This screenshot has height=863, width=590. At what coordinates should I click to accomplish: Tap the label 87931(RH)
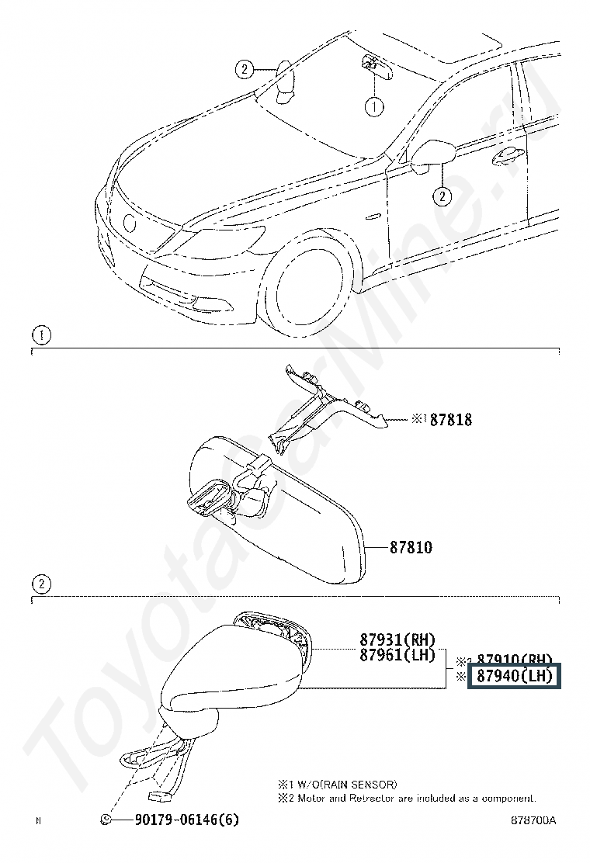click(397, 640)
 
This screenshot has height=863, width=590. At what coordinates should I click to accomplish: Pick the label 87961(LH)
click(397, 655)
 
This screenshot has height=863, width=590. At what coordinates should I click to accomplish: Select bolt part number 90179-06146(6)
click(186, 820)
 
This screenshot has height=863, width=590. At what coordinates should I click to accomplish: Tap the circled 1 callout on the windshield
click(375, 106)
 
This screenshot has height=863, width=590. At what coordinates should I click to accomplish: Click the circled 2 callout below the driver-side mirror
click(441, 196)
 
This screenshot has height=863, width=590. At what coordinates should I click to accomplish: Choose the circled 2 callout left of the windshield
click(245, 70)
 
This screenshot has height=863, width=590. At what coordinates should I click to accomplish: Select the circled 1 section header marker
click(40, 336)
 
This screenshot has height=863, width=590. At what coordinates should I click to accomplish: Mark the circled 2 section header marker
click(40, 584)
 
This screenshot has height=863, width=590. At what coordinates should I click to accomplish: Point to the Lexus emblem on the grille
click(129, 221)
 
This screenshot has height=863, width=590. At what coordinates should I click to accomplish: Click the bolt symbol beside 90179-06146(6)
click(107, 820)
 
